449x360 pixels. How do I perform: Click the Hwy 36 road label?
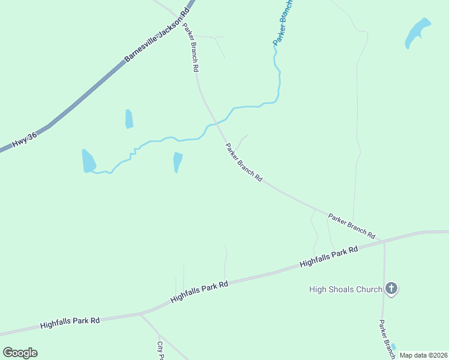[x=25, y=140]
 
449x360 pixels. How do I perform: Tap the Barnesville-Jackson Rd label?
[x=157, y=34]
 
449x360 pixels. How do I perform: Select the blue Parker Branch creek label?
[x=283, y=23]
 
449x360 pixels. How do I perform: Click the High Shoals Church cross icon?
[x=391, y=289]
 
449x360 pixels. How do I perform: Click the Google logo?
[x=20, y=353]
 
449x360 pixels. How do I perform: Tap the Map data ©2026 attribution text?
[x=423, y=355]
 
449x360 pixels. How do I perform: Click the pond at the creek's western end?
[x=88, y=161]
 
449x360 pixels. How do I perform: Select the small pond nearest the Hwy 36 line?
[x=128, y=119]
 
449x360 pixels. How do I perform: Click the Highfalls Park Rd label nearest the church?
[x=328, y=256]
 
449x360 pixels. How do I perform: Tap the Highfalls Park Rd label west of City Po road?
[x=70, y=322]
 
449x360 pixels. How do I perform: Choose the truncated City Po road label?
[x=160, y=350]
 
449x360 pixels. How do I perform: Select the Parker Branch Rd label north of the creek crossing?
[x=190, y=47]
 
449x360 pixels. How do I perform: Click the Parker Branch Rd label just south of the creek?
[x=244, y=162]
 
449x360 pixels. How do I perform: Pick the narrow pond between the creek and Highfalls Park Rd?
[x=177, y=162]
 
